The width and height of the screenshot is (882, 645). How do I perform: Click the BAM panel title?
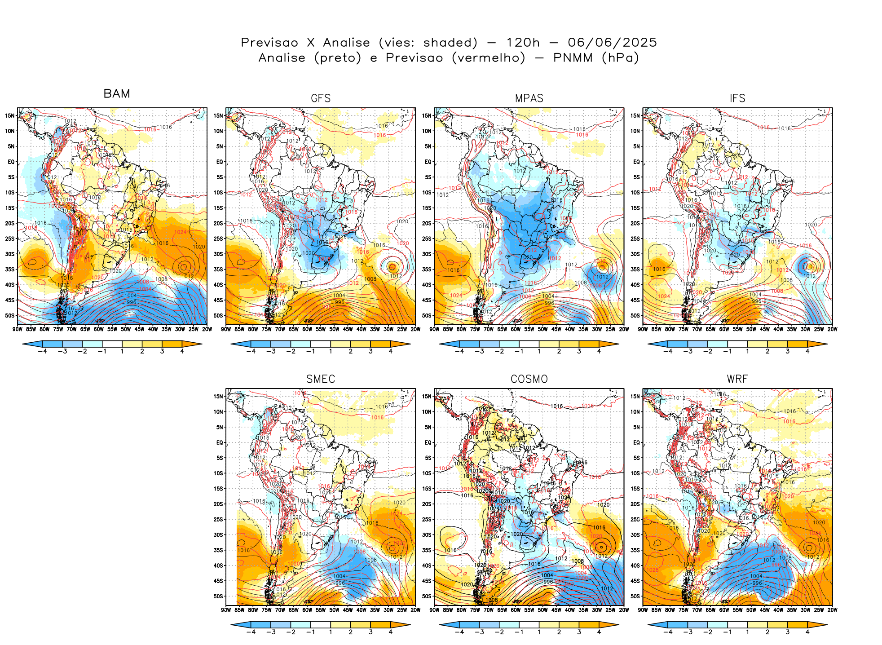[x=117, y=93]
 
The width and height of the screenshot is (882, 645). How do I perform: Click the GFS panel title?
[x=321, y=98]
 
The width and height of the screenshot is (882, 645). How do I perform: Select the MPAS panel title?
[x=529, y=98]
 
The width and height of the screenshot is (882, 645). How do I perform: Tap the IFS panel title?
[x=737, y=98]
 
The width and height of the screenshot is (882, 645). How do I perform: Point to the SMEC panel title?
[x=321, y=379]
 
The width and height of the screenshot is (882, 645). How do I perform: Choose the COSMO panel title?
[x=529, y=379]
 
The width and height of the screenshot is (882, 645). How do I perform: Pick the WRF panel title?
[x=737, y=379]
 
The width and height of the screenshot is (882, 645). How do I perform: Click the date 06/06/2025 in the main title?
[x=612, y=43]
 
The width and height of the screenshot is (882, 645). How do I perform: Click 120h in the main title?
[x=523, y=43]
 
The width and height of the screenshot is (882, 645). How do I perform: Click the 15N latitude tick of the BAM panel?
[x=10, y=115]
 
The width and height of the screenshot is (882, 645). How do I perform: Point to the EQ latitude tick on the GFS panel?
[x=220, y=162]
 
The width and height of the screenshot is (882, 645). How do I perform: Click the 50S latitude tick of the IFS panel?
[x=636, y=315]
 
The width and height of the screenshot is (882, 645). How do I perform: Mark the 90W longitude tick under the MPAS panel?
[x=434, y=329]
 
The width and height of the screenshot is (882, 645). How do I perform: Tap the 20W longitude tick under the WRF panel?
[x=832, y=610]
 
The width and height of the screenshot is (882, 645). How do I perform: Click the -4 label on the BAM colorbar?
[x=43, y=351]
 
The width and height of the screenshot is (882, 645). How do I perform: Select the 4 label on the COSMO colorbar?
[x=599, y=632]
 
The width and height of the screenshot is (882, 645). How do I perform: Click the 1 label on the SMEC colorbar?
[x=331, y=632]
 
